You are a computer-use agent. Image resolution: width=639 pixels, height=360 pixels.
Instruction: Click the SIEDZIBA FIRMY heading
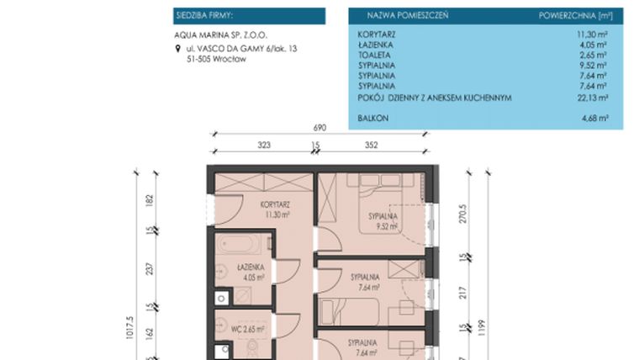click(x=203, y=16)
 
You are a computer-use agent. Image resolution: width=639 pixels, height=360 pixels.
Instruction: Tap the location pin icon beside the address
click(x=177, y=50)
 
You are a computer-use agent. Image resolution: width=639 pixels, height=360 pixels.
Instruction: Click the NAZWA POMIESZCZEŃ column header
click(x=407, y=16)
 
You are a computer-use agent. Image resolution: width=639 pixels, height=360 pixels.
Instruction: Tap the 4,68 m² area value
click(x=594, y=119)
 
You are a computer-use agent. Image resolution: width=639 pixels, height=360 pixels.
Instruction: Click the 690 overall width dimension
click(x=319, y=127)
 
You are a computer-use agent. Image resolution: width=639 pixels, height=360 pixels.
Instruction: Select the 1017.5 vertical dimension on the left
click(x=130, y=333)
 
